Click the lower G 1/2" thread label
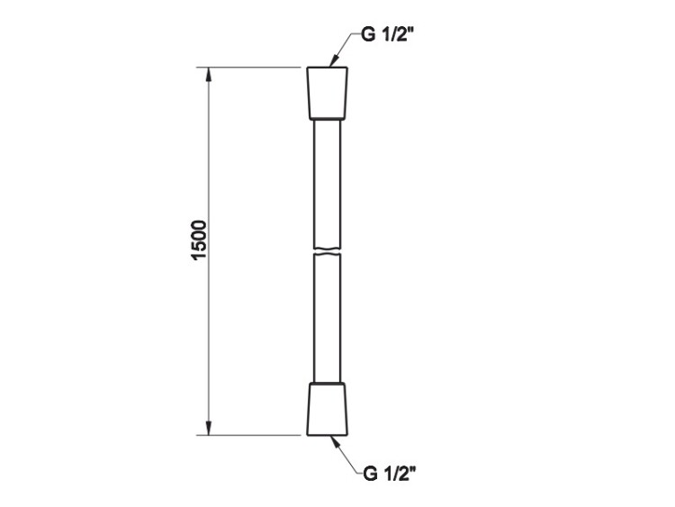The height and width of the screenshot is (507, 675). (x=390, y=474)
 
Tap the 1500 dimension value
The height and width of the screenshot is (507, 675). (x=199, y=240)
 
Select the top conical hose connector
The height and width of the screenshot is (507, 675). (x=328, y=93)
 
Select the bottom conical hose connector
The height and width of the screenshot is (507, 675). (x=328, y=409)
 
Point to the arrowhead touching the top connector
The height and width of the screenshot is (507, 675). (x=333, y=61)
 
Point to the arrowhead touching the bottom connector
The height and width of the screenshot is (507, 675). (x=334, y=441)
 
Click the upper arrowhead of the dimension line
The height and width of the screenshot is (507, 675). (x=209, y=75)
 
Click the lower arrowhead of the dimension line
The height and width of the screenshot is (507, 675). (x=209, y=428)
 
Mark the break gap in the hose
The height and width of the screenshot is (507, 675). (x=328, y=251)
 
